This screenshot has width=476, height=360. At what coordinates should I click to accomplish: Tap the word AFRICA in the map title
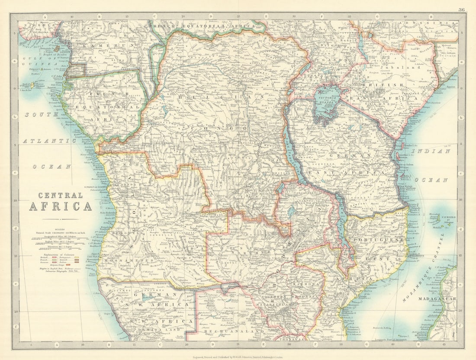61,206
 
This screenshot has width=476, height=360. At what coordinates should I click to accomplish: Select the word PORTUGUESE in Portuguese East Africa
379,240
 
